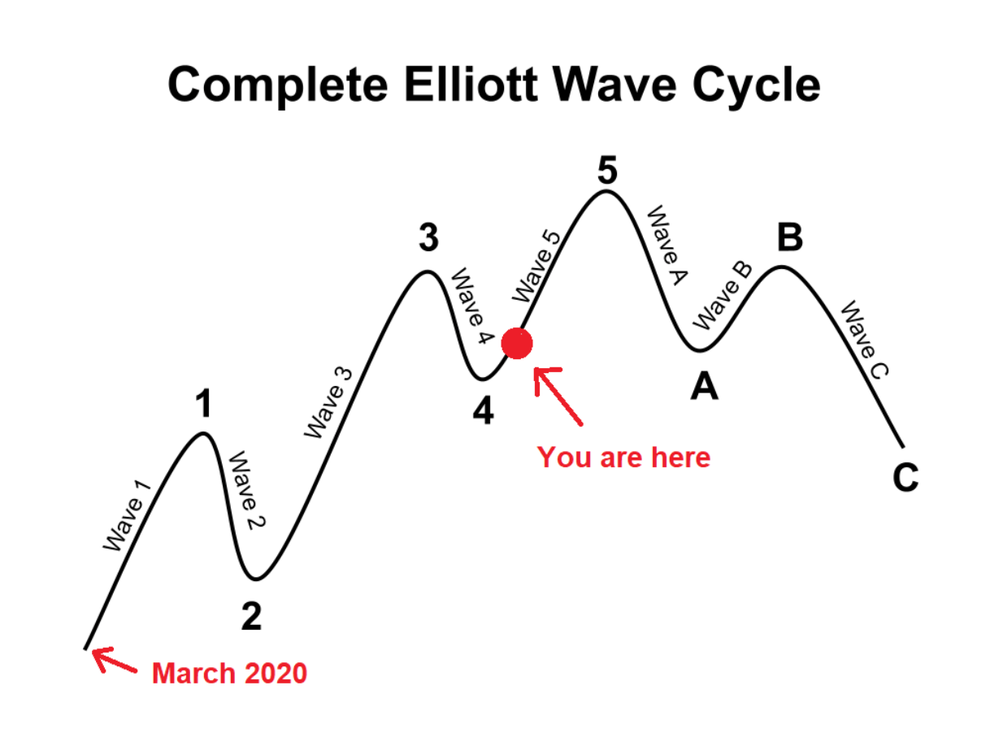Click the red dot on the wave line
coord(517,344)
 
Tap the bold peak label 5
coord(607,171)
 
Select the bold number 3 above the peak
coord(428,238)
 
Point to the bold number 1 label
coord(204,403)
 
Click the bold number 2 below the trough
coord(251,616)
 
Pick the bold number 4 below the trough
coord(483,410)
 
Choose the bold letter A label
coord(704,387)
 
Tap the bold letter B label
coord(790,237)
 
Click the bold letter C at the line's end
coord(905,477)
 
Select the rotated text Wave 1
coord(127,517)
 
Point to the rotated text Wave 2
coord(247,490)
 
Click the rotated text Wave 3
coord(328,403)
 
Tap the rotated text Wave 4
coord(472,306)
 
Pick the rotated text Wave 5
coord(536,267)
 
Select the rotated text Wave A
coord(667,245)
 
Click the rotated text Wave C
coord(865,340)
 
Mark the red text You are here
coord(623,458)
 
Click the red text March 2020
coord(230,673)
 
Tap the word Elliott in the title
coord(471,85)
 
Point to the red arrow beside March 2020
coord(115,661)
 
